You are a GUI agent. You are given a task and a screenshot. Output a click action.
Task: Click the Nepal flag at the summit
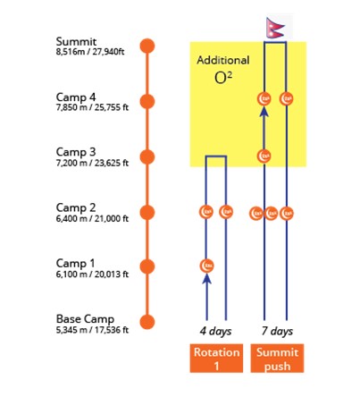coord(275,28)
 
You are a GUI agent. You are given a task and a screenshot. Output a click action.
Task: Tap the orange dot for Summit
coord(147,46)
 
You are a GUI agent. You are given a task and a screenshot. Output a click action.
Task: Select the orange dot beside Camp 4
coord(147,101)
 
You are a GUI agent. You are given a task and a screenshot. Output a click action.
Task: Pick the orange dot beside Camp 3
coord(147,156)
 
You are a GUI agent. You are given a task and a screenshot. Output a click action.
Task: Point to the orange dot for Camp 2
coord(147,213)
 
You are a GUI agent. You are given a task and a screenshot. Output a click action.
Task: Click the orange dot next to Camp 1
coord(147,266)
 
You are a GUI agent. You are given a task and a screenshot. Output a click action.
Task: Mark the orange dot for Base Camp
coord(147,322)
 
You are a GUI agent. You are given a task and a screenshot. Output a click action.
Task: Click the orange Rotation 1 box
coord(216,359)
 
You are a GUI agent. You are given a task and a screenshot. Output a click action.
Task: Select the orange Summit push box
coord(277,359)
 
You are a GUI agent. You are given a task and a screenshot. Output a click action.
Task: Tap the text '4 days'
coord(215,331)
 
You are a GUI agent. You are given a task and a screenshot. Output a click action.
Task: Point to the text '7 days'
coord(277,331)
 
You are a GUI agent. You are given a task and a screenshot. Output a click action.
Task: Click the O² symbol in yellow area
coord(223,78)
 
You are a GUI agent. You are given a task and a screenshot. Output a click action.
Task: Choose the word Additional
coord(223,60)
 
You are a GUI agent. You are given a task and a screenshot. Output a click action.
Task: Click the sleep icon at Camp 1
coord(207,266)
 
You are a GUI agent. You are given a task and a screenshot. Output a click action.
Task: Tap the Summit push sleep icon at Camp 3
coord(264,156)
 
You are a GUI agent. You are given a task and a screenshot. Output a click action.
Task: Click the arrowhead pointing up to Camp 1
coord(207,278)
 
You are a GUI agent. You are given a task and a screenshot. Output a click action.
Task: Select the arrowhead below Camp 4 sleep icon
coord(264,112)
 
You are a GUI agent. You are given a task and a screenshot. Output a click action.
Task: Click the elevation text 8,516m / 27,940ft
coord(90,52)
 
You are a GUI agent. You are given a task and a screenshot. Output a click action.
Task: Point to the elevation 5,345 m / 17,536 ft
coord(92,330)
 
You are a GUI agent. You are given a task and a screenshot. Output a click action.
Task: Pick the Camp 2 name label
coord(76,207)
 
